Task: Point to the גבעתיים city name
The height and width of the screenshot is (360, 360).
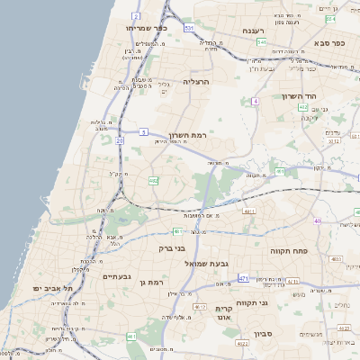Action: click(117, 276)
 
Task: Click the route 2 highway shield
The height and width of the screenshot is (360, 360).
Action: click(135, 16)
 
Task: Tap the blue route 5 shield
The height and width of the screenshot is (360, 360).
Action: click(144, 132)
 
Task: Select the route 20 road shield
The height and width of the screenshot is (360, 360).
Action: click(120, 140)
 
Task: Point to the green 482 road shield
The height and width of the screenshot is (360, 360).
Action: click(153, 180)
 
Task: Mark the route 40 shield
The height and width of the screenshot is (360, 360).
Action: click(317, 220)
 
